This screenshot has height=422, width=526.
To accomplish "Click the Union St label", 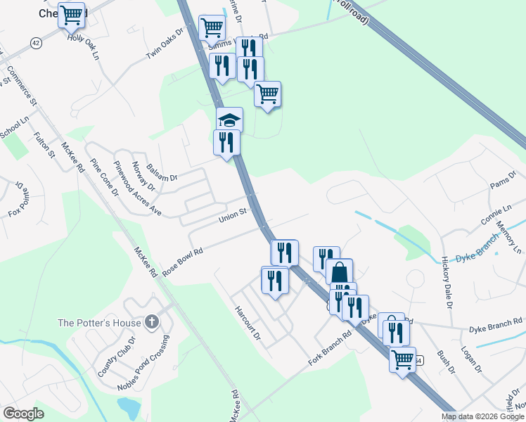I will click(x=233, y=214).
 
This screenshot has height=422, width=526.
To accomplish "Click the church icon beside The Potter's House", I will click(x=150, y=322).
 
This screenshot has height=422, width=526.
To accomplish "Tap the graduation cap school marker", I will click(x=229, y=120).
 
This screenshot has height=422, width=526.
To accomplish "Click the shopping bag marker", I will click(x=339, y=272).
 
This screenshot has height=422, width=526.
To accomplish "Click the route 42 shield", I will click(x=36, y=43).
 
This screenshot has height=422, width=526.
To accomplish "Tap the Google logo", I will click(x=23, y=414).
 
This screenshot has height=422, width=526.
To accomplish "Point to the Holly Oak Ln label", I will click(x=83, y=44).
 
